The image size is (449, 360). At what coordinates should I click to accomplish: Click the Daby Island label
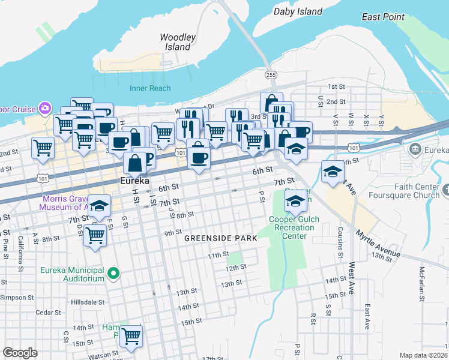(x=298, y=11)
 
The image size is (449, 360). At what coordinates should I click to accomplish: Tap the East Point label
(x=383, y=17)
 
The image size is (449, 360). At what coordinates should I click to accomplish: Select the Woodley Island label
(x=178, y=42)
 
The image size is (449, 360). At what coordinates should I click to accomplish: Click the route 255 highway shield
(x=271, y=74)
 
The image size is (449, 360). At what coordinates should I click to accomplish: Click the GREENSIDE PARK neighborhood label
(x=220, y=238)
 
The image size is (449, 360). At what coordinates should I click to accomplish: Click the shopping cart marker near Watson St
(x=130, y=336)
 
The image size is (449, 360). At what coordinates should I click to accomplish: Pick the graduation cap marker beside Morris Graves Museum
(x=100, y=206)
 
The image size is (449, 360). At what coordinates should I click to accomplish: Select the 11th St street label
(x=218, y=256)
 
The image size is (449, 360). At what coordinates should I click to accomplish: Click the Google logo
(x=20, y=353)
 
